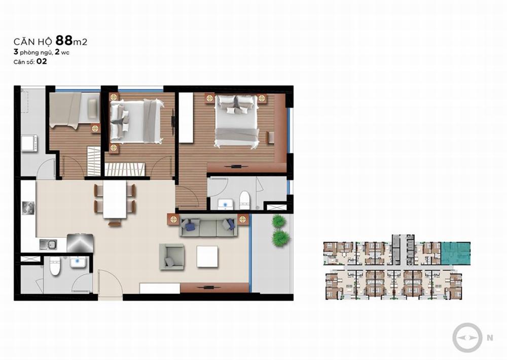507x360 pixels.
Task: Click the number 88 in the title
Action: (x=64, y=41)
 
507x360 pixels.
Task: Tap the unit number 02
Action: (x=42, y=61)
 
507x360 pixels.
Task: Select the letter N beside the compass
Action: (x=490, y=338)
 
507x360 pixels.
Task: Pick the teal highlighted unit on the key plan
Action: (x=456, y=253)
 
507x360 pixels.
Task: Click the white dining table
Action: (x=115, y=199)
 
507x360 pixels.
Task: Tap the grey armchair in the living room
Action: (x=172, y=257)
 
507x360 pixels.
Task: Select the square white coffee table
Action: (x=207, y=257)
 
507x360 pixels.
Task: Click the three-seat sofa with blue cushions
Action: (x=208, y=227)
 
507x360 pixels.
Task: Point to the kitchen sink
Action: (x=49, y=244)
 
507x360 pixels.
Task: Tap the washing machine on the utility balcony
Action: (x=29, y=143)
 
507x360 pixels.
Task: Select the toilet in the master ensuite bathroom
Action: (x=245, y=200)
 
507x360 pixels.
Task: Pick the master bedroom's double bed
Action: (x=237, y=122)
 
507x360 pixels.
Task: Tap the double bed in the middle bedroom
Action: (x=136, y=121)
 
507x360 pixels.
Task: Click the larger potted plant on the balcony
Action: (x=280, y=238)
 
